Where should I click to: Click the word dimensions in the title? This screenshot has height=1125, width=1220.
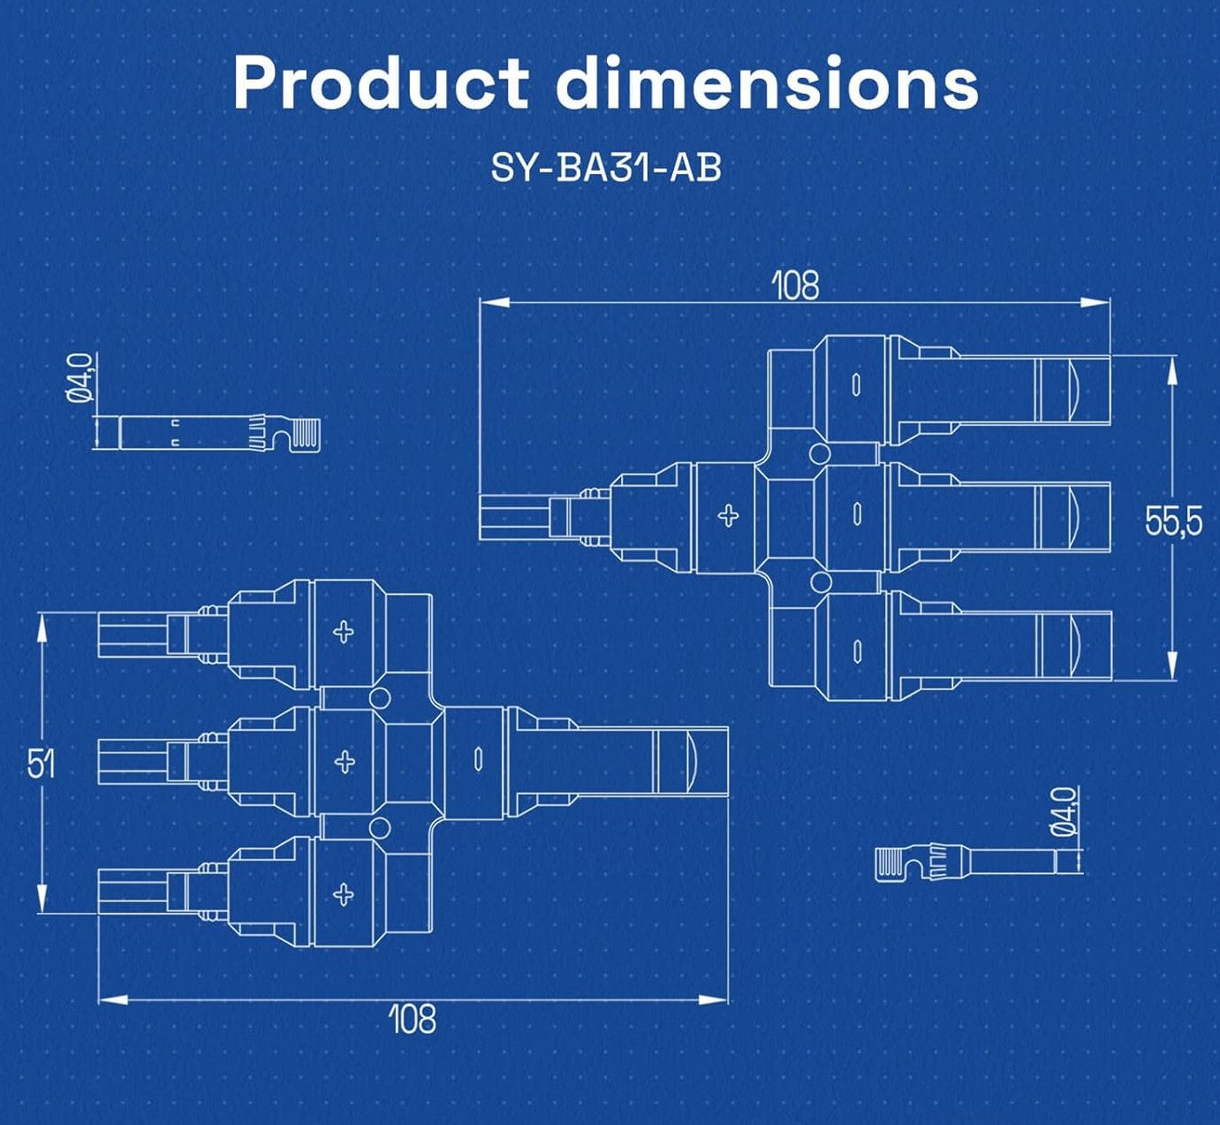(768, 82)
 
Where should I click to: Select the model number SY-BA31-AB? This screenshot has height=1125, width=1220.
(606, 167)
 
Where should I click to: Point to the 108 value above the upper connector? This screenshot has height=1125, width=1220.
(795, 285)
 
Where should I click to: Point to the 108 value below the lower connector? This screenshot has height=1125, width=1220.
(413, 1019)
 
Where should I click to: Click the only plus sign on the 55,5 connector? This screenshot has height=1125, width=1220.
(728, 515)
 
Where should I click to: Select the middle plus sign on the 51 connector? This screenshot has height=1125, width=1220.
(345, 761)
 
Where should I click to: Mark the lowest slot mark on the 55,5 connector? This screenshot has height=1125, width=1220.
(856, 650)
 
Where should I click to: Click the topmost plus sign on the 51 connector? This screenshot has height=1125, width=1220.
(344, 631)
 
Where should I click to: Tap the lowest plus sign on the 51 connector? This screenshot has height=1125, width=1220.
(344, 893)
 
